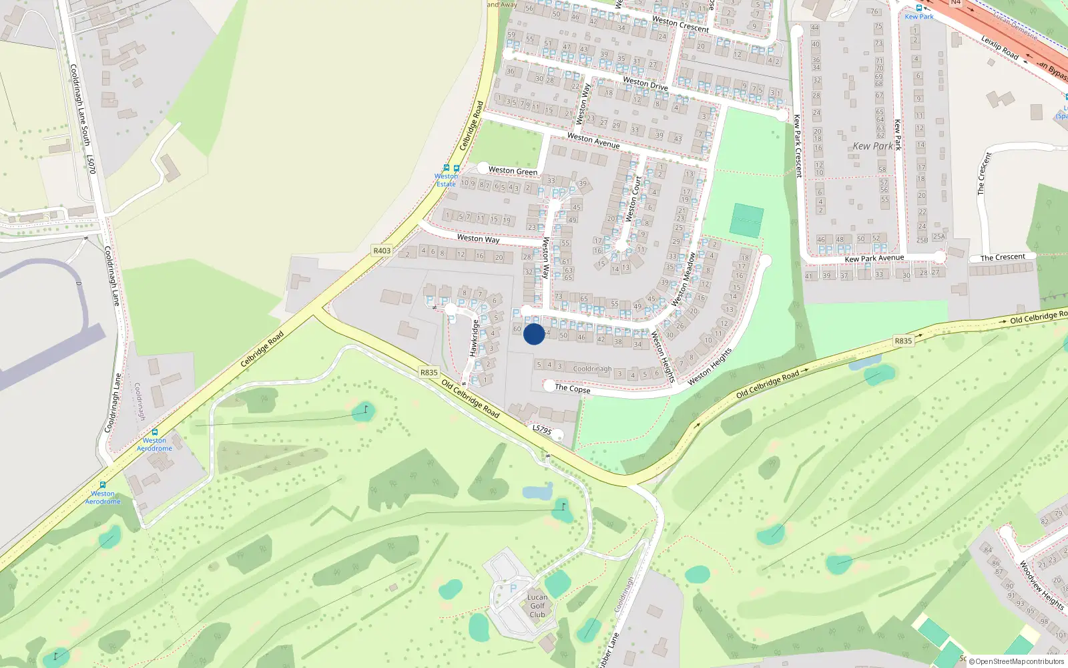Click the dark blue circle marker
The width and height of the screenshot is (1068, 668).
coord(533,334)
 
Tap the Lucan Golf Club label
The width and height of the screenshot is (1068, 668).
coord(537,606)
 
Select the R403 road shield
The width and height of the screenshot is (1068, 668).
coord(382,251)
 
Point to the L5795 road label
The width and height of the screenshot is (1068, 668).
coord(542,430)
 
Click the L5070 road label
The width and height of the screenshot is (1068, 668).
coord(91,164)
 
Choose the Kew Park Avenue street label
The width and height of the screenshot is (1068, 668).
coord(874,259)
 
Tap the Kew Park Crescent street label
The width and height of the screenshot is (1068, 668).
coord(797,146)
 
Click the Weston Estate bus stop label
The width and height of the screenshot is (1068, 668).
coord(446,180)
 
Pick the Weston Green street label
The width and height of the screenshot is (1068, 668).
coord(513,171)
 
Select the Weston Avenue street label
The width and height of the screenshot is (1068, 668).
coord(593,140)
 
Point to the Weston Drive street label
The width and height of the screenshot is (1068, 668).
coord(645,83)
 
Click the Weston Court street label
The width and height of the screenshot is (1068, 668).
coord(633,198)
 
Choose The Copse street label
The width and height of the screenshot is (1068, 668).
coord(573,388)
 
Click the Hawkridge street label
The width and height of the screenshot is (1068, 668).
coord(475,338)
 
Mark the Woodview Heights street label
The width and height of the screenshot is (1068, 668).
coord(1041,584)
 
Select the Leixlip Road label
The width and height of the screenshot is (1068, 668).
coord(999,47)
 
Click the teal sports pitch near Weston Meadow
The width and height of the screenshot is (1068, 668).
coord(746,220)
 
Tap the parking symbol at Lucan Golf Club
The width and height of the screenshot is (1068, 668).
coord(513,589)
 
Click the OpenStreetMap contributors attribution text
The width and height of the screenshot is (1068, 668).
coord(1019,662)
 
